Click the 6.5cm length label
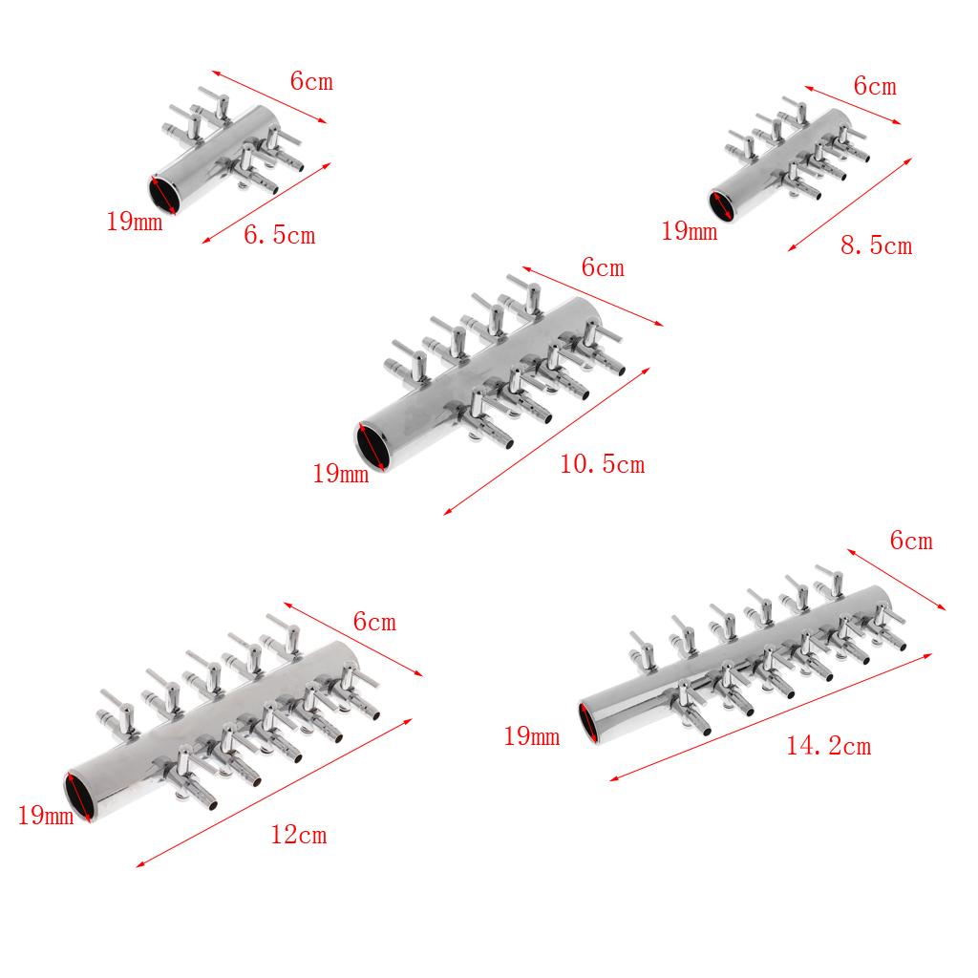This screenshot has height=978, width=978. tap(280, 235)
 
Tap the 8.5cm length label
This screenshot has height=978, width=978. tap(877, 245)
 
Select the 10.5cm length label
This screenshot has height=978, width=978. tap(603, 465)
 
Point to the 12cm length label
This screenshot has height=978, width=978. tap(299, 835)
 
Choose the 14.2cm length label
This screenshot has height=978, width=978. tap(828, 746)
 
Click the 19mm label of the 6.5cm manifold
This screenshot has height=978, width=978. tap(134, 222)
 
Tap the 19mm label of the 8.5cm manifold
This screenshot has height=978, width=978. tap(690, 231)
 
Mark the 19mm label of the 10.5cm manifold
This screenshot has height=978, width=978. tap(341, 474)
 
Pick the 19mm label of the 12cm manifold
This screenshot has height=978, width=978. tap(46, 816)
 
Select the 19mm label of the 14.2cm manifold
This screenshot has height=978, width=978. tap(531, 736)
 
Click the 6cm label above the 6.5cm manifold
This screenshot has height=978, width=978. tap(311, 81)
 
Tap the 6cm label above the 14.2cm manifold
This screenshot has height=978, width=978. tap(911, 541)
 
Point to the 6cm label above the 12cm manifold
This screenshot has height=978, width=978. tap(374, 622)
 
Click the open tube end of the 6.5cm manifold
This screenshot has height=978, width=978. tap(164, 194)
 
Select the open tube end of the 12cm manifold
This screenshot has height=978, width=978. tap(81, 796)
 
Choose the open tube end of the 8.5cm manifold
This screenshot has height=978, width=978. tap(722, 206)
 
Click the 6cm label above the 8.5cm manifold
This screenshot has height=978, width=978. tap(875, 86)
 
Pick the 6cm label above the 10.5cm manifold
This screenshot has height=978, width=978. tap(603, 267)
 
